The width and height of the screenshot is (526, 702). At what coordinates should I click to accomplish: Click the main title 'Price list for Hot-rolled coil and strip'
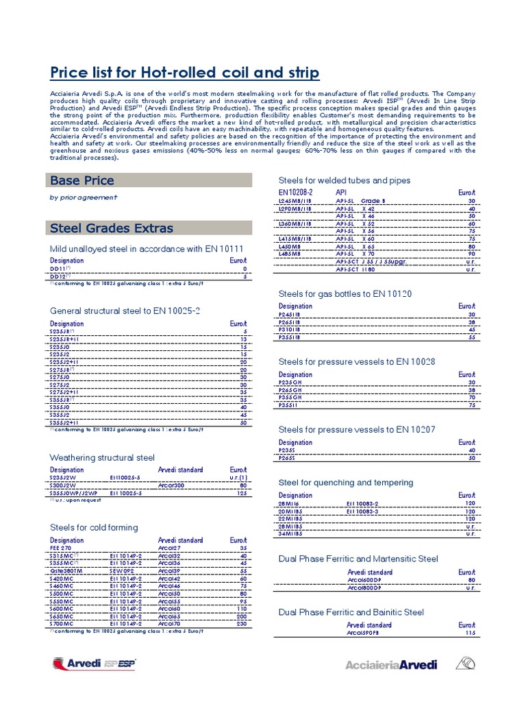[185, 73]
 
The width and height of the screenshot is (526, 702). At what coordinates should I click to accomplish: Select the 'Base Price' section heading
[82, 180]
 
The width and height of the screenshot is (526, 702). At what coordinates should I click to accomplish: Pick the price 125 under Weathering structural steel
[240, 493]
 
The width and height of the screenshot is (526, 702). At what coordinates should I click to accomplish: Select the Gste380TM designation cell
[66, 570]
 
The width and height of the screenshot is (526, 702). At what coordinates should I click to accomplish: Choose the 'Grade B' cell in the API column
[373, 201]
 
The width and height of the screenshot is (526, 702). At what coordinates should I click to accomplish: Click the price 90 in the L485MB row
[471, 254]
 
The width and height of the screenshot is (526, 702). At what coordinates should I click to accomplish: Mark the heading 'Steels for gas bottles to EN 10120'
[345, 294]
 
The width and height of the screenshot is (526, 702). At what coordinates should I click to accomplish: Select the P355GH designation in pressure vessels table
[290, 397]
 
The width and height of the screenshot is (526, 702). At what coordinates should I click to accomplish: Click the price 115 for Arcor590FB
[469, 633]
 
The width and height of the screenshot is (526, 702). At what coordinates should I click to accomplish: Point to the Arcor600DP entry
[364, 580]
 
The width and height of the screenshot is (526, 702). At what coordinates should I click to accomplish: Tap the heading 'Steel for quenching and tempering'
[346, 483]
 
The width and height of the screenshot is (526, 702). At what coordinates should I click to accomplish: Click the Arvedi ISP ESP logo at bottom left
[94, 664]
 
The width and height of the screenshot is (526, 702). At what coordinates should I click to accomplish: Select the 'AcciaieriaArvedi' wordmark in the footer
[390, 665]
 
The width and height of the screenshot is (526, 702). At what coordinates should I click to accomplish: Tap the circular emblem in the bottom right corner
[465, 664]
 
